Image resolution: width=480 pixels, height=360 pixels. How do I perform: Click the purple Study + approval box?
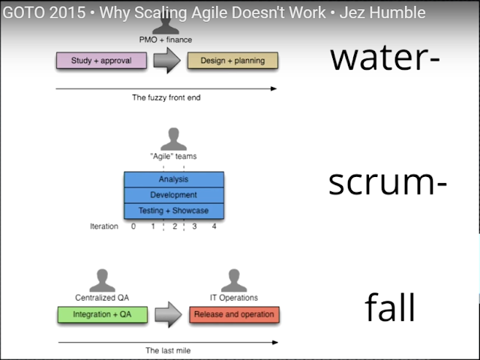101,60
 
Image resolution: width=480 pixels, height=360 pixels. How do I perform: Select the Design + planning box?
232,60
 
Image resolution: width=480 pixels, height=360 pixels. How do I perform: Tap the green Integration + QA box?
102,314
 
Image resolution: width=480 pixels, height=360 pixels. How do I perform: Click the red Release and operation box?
234,314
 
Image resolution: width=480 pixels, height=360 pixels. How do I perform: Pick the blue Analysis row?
173,179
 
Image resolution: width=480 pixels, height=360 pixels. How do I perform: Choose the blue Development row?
173,195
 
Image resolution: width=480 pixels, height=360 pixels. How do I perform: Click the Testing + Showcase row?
173,211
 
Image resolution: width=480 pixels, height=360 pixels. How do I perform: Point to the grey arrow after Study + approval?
166,60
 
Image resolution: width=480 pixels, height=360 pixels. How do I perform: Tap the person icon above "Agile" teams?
174,139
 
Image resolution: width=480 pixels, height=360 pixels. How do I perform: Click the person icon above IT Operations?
233,280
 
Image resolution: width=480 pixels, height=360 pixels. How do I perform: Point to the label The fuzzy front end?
166,97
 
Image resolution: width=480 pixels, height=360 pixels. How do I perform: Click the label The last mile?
167,350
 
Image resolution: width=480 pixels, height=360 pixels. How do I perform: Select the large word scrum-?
388,182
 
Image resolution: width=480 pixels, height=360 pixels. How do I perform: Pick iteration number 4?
214,226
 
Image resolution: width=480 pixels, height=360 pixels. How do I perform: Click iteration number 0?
133,226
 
